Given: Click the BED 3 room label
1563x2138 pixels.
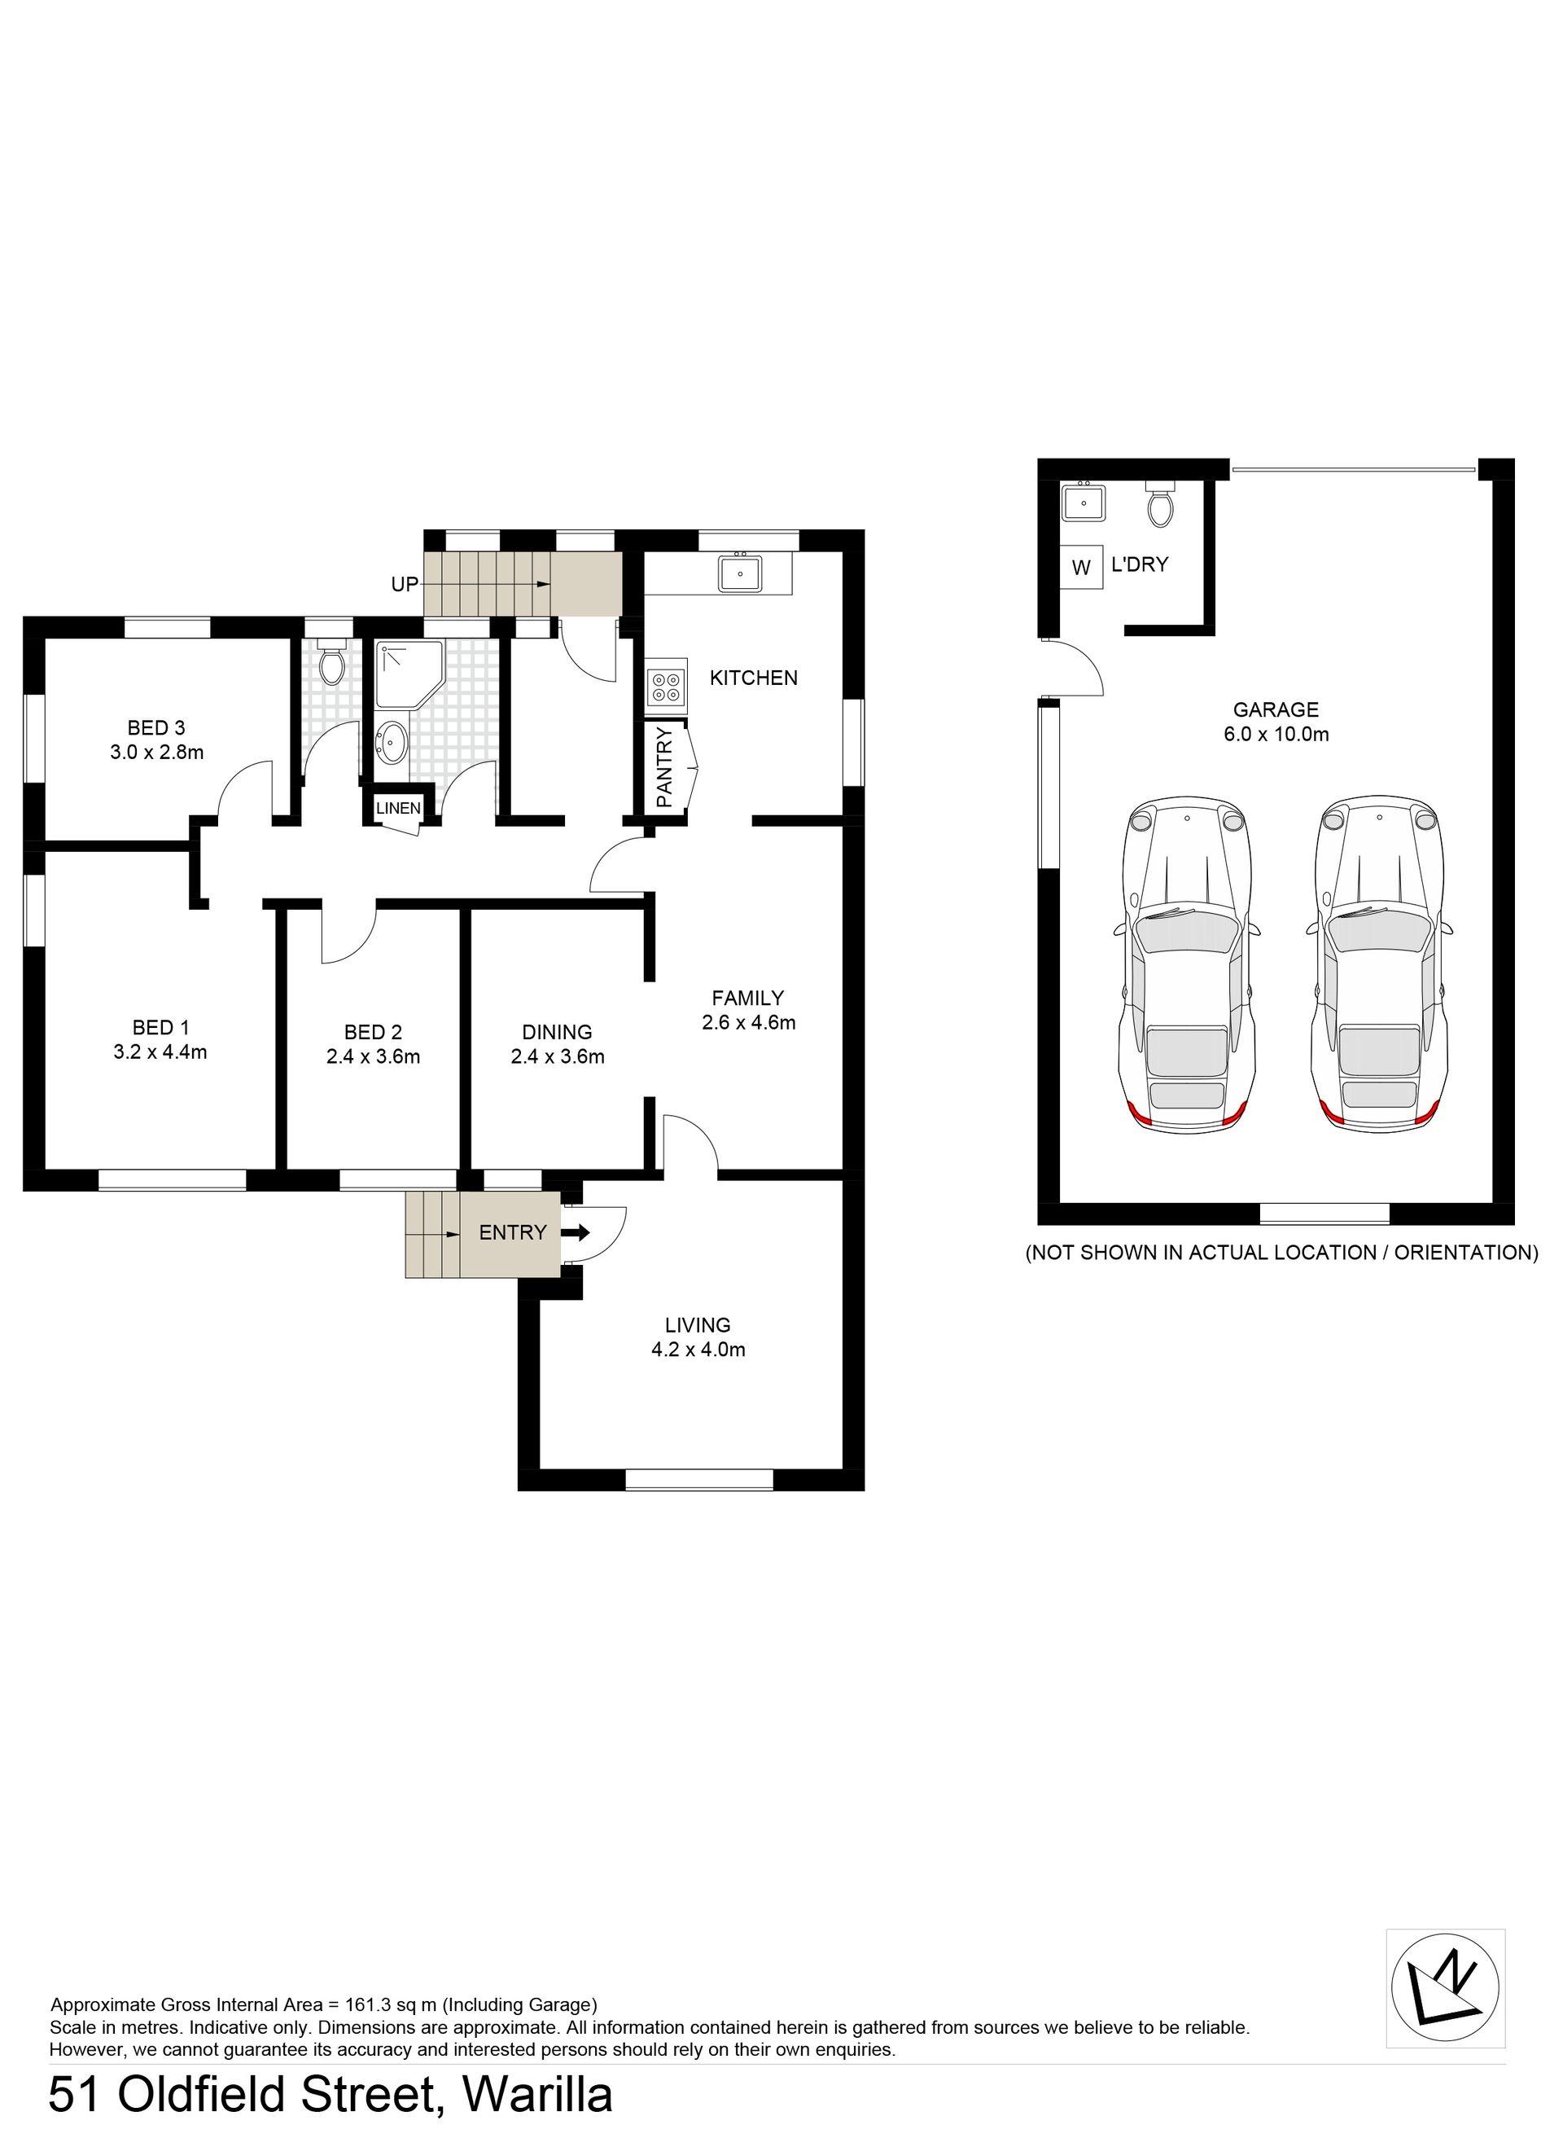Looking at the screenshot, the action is (156, 728).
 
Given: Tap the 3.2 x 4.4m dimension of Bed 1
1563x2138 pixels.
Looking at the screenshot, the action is (160, 1051).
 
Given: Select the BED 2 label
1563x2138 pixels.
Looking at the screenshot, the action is (373, 1032).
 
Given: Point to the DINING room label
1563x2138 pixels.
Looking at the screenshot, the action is (558, 1032).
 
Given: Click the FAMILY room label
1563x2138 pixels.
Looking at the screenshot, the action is (747, 998).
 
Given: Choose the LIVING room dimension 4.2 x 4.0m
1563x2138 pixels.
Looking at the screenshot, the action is (698, 1350).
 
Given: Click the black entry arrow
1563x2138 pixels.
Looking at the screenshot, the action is (576, 1233).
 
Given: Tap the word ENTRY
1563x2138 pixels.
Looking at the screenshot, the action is (513, 1232).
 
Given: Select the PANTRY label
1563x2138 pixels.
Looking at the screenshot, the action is (663, 766).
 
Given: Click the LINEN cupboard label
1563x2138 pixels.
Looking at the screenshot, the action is (398, 808).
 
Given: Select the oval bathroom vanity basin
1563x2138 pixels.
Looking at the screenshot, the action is (391, 742).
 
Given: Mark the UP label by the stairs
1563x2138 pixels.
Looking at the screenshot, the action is (404, 585).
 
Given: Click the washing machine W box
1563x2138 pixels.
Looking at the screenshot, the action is (1081, 568).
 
